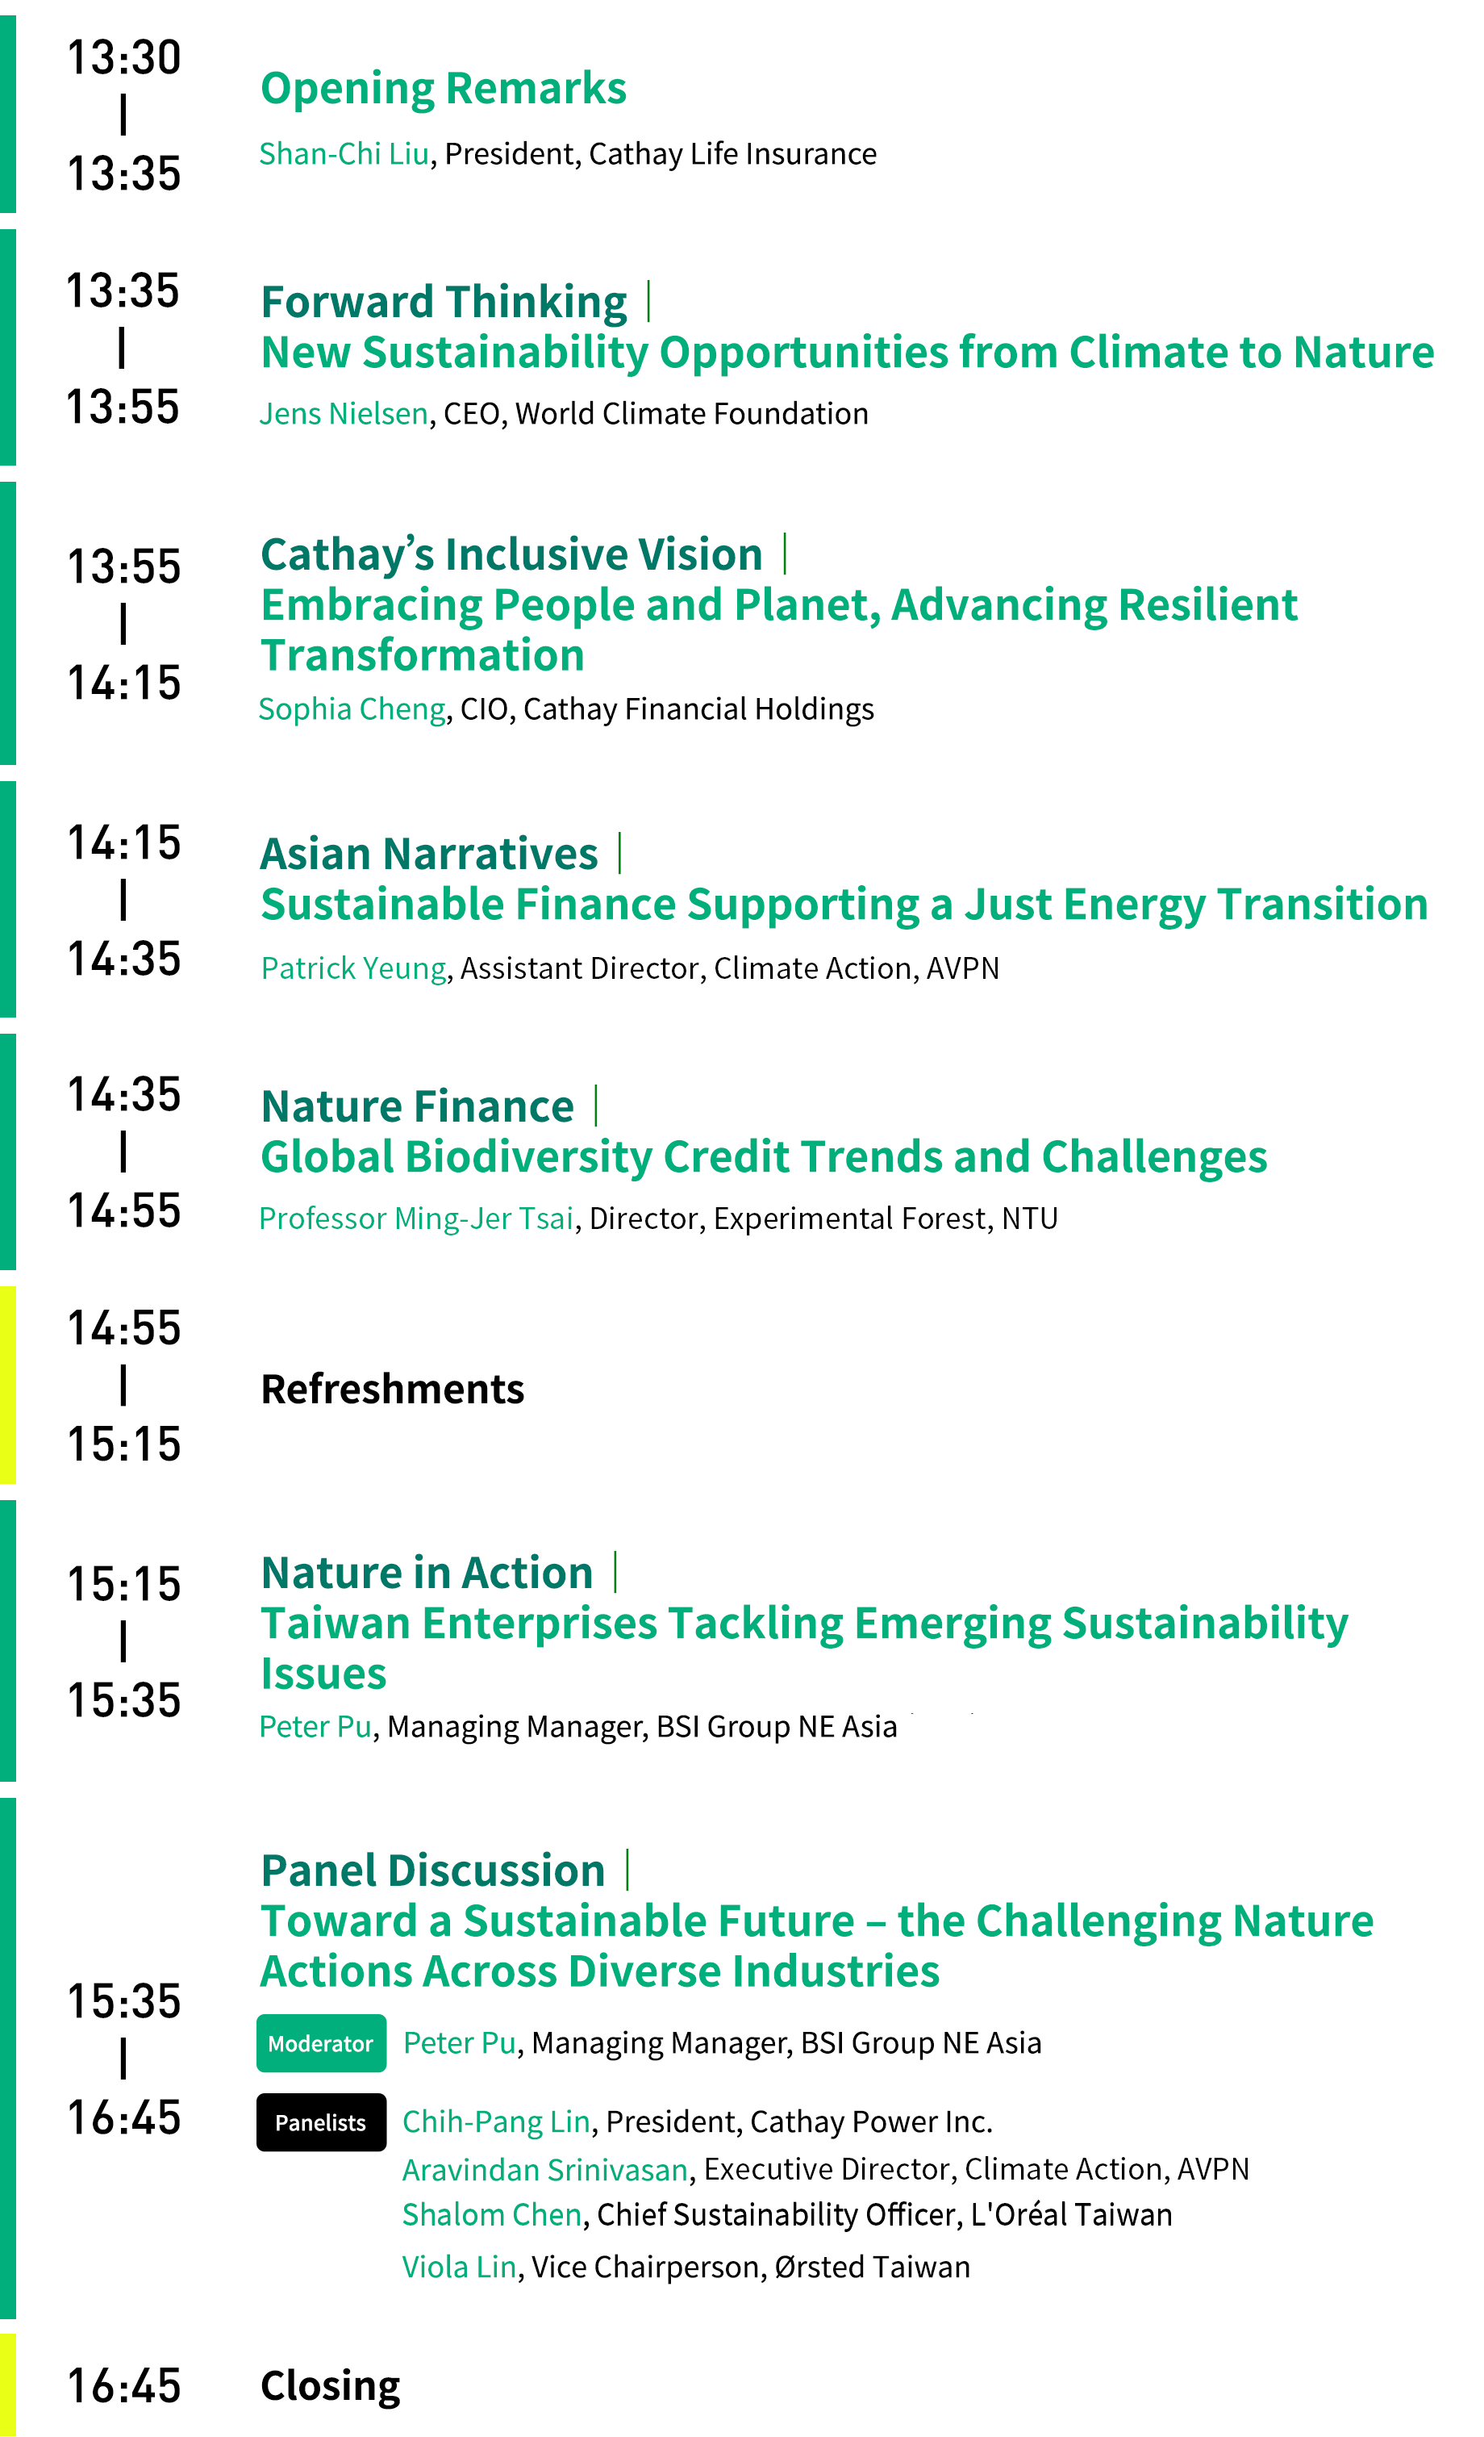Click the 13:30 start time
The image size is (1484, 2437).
pyautogui.click(x=123, y=57)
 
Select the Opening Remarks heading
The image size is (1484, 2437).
pyautogui.click(x=443, y=89)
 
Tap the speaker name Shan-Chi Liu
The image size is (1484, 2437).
pyautogui.click(x=344, y=153)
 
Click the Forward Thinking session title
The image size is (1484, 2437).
pyautogui.click(x=444, y=302)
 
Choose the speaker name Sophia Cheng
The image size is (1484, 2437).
pyautogui.click(x=352, y=709)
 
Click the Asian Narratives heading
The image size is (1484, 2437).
pyautogui.click(x=429, y=854)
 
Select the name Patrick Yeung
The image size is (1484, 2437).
pyautogui.click(x=354, y=968)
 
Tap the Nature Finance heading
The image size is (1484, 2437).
pyautogui.click(x=417, y=1106)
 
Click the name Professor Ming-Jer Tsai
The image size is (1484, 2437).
pyautogui.click(x=416, y=1218)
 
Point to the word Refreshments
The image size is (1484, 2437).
pyautogui.click(x=393, y=1390)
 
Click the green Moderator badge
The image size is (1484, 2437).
pyautogui.click(x=321, y=2043)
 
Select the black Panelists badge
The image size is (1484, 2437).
pyautogui.click(x=321, y=2122)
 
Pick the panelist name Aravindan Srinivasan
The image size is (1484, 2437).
pyautogui.click(x=544, y=2170)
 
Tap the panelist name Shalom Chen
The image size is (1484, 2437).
pyautogui.click(x=491, y=2215)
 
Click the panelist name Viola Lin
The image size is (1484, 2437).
pyautogui.click(x=460, y=2267)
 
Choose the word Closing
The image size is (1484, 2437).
pyautogui.click(x=330, y=2386)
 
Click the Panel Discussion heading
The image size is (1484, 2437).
pyautogui.click(x=433, y=1871)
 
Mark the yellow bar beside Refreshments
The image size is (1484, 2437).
pyautogui.click(x=8, y=1385)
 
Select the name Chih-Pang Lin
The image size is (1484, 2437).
pyautogui.click(x=496, y=2122)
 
